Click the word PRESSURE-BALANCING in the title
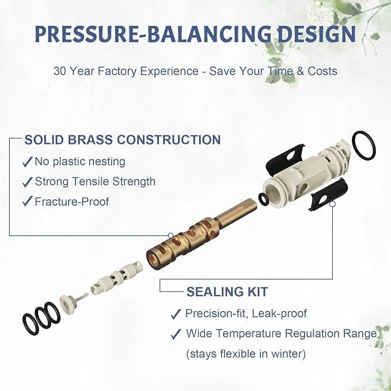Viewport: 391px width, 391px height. click(x=153, y=33)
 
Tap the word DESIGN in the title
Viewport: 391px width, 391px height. click(x=317, y=33)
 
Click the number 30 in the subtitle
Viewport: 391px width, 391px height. click(x=60, y=71)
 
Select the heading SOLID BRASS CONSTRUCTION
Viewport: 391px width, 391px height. click(x=123, y=139)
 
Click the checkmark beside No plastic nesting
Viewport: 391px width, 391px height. click(x=28, y=162)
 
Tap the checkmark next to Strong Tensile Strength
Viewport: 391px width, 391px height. click(x=28, y=182)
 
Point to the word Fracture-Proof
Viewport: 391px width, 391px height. click(x=72, y=202)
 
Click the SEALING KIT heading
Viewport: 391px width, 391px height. click(x=227, y=292)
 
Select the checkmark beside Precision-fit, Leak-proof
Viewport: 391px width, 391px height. click(x=176, y=314)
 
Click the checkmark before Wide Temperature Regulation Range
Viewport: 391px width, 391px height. click(x=176, y=334)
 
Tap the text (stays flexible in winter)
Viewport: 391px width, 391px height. click(x=246, y=354)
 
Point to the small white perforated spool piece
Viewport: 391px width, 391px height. click(x=117, y=278)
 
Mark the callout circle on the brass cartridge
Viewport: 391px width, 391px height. click(x=171, y=236)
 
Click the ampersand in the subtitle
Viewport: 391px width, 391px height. click(x=301, y=71)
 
